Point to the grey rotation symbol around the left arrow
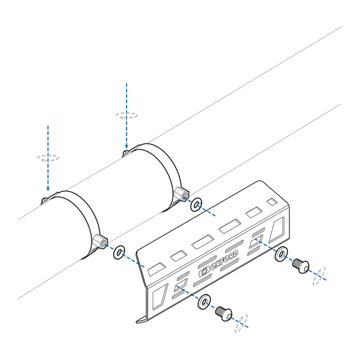48,158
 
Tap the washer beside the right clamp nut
196,206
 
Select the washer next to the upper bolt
281,255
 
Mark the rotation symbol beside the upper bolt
319,276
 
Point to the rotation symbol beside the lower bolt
241,322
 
